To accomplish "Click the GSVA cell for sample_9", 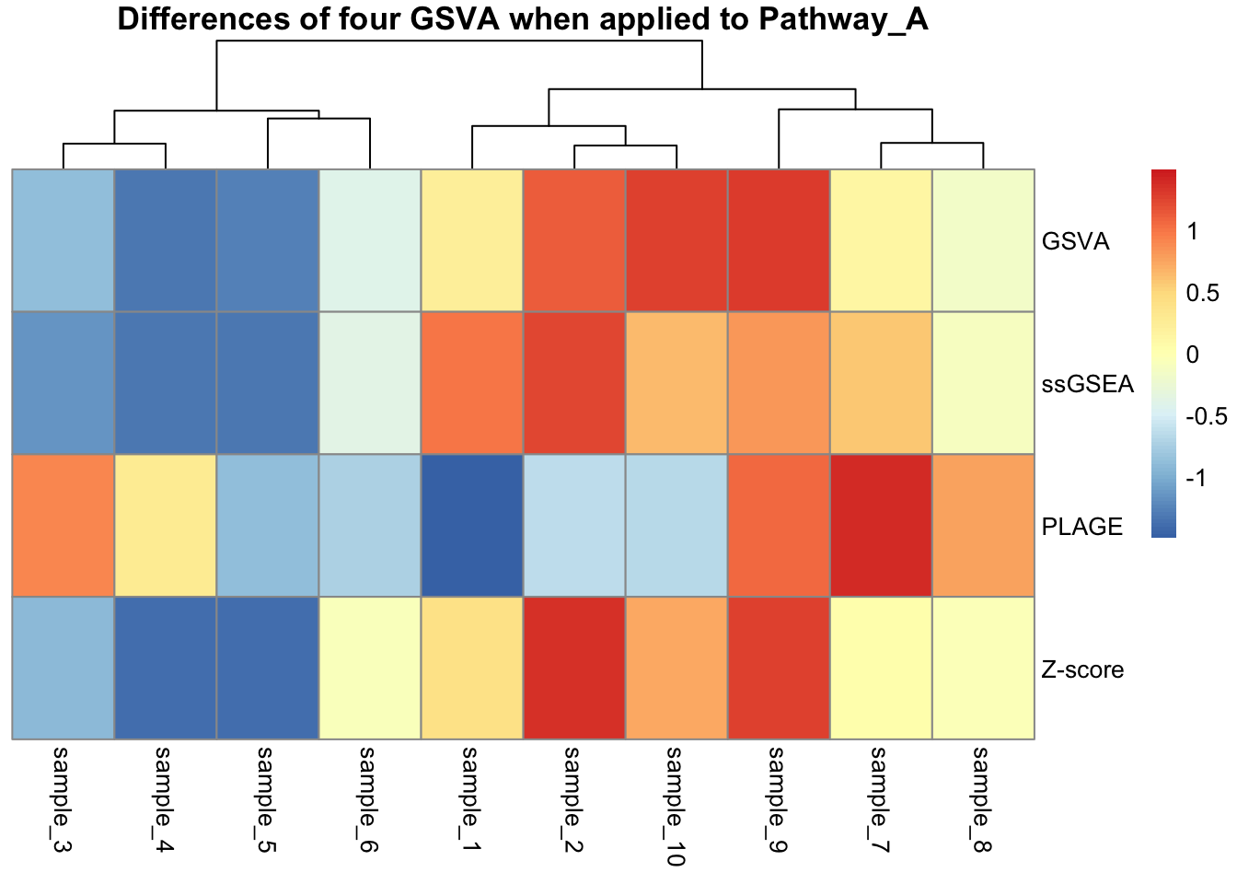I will (779, 240).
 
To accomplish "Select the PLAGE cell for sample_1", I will (472, 526).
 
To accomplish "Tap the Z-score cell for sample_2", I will (574, 668).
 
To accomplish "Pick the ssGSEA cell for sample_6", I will (370, 383).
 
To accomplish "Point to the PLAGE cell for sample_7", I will (881, 526).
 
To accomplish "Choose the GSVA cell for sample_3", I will (64, 240).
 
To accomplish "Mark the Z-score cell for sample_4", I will (166, 668).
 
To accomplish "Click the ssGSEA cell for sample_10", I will (676, 383).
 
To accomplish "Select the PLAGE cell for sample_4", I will (166, 526).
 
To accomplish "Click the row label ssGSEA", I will (1087, 384).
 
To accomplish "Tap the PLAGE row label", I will (1081, 527).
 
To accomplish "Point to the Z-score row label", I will (1082, 669).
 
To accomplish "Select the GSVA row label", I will (1075, 242).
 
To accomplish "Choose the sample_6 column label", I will (368, 798).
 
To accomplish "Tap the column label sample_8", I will (982, 798).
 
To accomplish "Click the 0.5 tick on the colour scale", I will (1203, 293).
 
